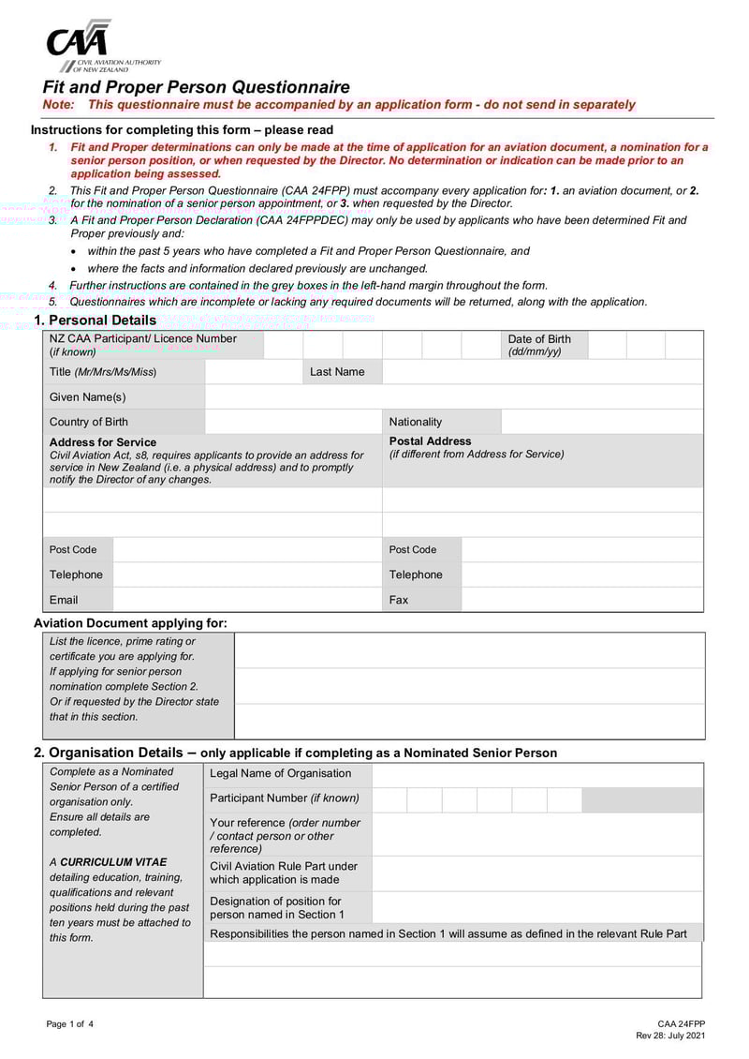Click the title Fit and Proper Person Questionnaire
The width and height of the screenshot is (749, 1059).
pos(197,87)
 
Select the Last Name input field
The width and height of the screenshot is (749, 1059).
pos(542,372)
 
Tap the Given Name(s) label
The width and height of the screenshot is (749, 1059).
pos(88,397)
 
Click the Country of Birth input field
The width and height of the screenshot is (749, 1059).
pos(293,422)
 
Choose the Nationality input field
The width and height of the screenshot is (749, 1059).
pos(601,422)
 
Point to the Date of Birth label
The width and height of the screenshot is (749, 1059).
pos(539,339)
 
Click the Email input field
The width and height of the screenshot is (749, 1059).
pos(246,600)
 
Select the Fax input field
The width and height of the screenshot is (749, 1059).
pos(581,600)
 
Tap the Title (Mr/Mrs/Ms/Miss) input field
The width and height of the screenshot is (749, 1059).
pos(253,372)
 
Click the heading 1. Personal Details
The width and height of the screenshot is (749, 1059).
pos(95,321)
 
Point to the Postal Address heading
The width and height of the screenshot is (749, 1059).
pos(431,441)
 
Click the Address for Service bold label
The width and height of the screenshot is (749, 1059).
pos(103,442)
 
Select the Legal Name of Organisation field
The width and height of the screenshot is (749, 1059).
pos(536,774)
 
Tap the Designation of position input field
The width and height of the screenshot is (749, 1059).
pos(536,907)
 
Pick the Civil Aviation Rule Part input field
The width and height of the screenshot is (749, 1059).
pos(536,873)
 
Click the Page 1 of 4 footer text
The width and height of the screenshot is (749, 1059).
pos(70,1024)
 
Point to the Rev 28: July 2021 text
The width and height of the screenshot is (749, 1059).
pos(670,1036)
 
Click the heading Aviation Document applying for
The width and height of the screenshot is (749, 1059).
pos(130,623)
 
